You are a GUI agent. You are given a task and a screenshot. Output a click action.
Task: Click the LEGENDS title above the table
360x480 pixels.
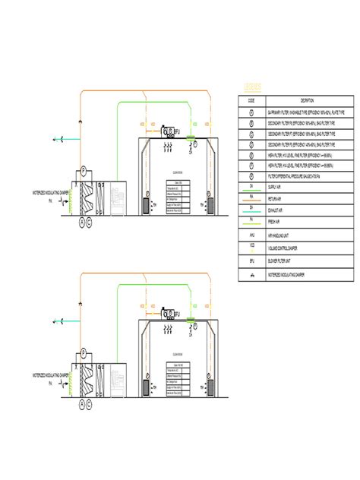252,87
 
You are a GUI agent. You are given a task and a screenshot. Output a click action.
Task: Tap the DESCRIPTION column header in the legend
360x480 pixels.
307,100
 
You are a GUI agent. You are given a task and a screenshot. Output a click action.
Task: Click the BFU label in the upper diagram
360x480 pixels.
176,131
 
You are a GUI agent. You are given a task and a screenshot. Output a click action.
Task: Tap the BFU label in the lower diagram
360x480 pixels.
176,314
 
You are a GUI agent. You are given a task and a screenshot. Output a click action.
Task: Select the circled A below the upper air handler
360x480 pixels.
81,221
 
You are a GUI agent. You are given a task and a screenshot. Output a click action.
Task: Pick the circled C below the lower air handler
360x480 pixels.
90,403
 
